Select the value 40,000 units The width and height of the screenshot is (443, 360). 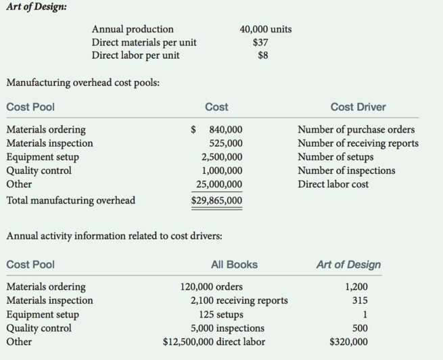(x=266, y=29)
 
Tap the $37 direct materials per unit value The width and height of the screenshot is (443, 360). (x=260, y=42)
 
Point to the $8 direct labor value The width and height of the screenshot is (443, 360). (x=262, y=55)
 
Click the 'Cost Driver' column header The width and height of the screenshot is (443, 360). (x=358, y=107)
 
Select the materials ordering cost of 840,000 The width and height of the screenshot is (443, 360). (x=225, y=130)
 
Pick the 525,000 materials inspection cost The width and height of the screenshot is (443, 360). (x=225, y=143)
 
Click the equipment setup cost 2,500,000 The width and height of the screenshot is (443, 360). (x=222, y=157)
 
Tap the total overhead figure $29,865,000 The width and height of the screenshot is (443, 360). (x=216, y=201)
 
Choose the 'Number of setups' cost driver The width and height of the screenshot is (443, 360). (x=337, y=157)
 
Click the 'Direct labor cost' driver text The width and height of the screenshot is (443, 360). (x=333, y=184)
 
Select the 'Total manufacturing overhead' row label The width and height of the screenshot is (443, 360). (x=70, y=200)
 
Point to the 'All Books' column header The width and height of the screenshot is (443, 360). (x=234, y=265)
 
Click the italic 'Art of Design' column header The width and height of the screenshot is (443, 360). (x=348, y=265)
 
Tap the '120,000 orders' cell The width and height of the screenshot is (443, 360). (x=212, y=287)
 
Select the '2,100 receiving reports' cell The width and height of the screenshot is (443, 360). (x=239, y=300)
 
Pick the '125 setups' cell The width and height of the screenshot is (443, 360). (x=220, y=315)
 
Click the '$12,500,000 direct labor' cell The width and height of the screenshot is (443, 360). (x=214, y=342)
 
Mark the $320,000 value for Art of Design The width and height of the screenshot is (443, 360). (x=349, y=342)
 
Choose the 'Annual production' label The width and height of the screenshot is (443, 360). (x=133, y=29)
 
